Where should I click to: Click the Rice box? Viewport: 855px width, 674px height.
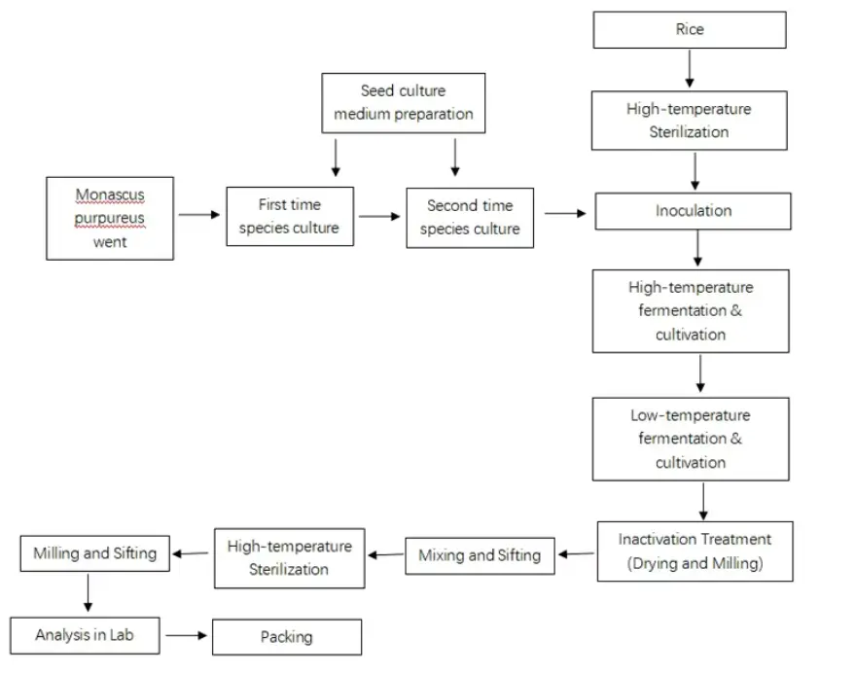coord(690,30)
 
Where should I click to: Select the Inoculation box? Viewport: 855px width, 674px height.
coord(693,211)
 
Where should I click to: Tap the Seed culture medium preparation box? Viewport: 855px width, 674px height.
coord(404,102)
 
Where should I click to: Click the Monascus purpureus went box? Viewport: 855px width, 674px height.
coord(110,218)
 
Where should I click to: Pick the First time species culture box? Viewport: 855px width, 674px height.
coord(290,216)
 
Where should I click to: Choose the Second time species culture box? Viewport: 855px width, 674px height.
coord(470,218)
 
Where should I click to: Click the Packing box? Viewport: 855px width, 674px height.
coord(287,637)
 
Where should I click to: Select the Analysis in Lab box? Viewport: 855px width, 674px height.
coord(85,635)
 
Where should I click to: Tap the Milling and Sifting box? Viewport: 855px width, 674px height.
coord(94,553)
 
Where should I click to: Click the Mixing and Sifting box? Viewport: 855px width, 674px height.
coord(480,555)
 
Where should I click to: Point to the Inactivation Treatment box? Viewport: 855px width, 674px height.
coord(695,551)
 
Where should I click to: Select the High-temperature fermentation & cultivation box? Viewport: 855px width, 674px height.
coord(691,311)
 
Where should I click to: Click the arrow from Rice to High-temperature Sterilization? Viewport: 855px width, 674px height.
coord(690,68)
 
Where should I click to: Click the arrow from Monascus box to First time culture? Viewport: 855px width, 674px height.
coord(200,215)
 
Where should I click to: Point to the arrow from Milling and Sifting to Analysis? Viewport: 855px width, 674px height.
coord(89,592)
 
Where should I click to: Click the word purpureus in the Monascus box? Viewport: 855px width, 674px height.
coord(110,219)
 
